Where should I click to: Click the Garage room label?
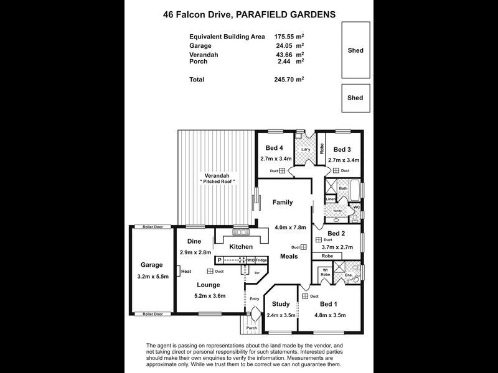point(151,264)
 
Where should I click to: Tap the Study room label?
point(281,304)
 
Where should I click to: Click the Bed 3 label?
point(342,149)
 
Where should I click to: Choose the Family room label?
point(283,202)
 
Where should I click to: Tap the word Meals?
point(289,256)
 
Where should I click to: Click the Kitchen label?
point(241,247)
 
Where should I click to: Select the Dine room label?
point(194,242)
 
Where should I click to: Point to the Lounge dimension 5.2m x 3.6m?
point(209,295)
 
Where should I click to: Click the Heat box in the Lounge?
point(186,271)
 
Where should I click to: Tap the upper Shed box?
point(355,50)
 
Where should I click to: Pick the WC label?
point(357,206)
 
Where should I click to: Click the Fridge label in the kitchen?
point(261,260)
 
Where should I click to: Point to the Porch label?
point(251,328)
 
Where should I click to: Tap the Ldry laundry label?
point(306,150)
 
